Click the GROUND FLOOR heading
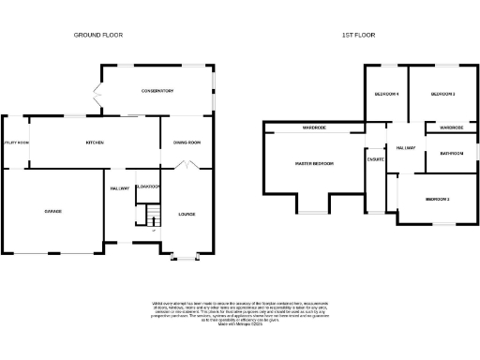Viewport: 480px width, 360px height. point(98,35)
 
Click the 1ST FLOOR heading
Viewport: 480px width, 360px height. point(359,35)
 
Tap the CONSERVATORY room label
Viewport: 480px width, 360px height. point(157,90)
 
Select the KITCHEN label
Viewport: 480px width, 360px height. point(95,142)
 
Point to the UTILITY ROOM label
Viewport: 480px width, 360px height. point(16,142)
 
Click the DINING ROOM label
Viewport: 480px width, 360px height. point(187,142)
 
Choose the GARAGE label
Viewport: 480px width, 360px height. point(52,211)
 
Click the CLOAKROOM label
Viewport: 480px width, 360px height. point(148,187)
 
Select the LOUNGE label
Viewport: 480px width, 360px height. point(187,215)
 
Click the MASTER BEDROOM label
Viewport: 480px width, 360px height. point(315,163)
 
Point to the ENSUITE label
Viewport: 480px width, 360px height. point(376,160)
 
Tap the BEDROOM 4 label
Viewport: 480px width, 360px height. point(386,95)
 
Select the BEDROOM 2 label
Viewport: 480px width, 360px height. point(442,95)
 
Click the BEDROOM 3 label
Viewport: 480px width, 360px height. point(437,199)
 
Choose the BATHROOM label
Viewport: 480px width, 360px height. point(451,153)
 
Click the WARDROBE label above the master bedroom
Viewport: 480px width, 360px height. point(314,127)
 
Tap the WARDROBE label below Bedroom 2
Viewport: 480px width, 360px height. point(452,127)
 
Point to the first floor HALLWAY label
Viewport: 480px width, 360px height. point(405,148)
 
